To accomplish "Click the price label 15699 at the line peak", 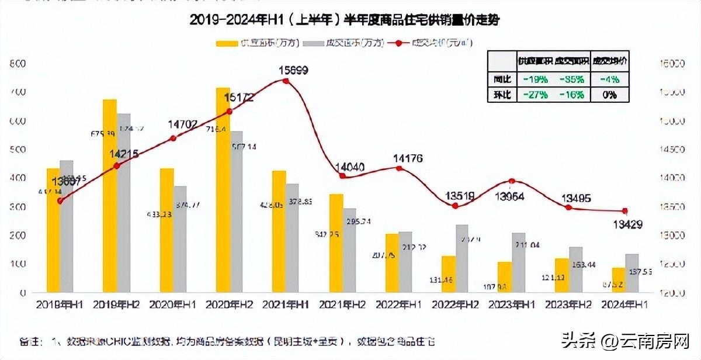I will (293, 70).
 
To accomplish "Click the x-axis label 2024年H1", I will (624, 304).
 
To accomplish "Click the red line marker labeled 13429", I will (624, 211).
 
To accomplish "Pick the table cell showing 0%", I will (610, 95).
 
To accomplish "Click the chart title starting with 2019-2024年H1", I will (345, 20).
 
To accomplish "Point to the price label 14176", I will (408, 158).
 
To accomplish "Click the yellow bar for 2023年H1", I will (505, 277).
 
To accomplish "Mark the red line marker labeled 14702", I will (173, 139).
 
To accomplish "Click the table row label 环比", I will (501, 95).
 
